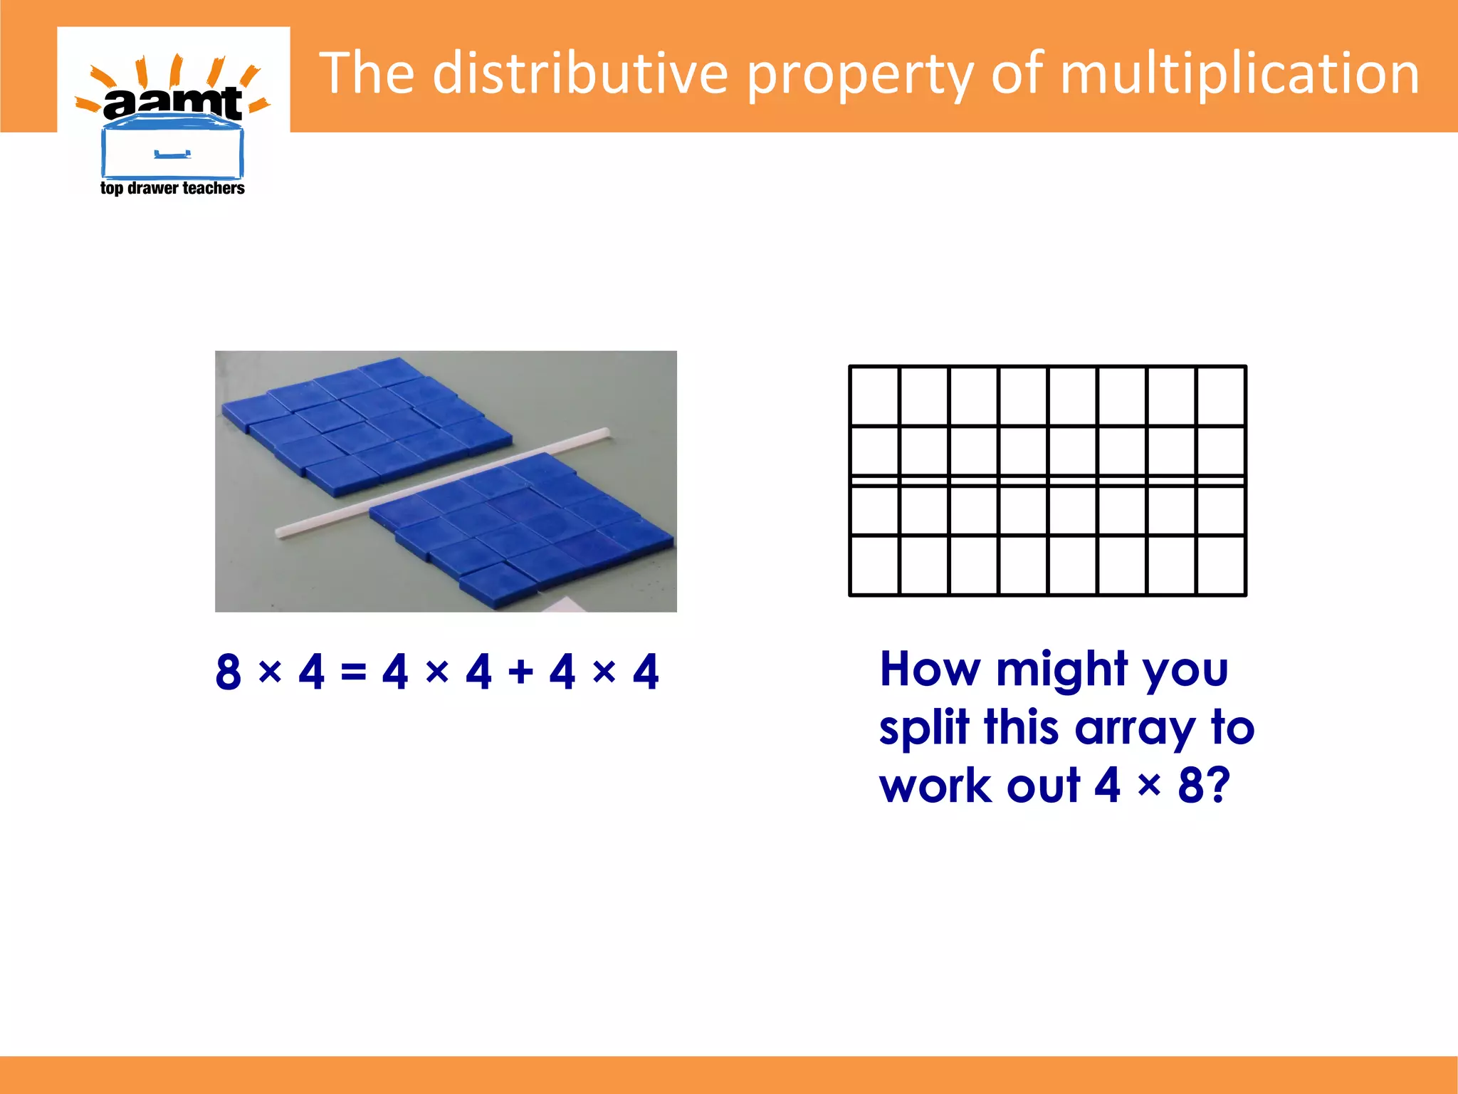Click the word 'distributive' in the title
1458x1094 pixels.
click(579, 73)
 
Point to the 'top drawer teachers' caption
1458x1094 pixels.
click(172, 188)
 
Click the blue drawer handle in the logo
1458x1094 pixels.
click(172, 154)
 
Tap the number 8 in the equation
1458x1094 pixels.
click(229, 672)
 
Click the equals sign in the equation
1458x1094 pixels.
click(353, 672)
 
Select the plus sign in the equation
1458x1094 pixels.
click(520, 672)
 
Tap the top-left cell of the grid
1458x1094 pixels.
click(875, 396)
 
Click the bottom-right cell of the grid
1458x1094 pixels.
click(1221, 565)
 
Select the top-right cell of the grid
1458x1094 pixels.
click(1221, 396)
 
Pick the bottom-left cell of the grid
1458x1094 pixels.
click(875, 565)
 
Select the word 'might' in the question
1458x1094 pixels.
click(1061, 671)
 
